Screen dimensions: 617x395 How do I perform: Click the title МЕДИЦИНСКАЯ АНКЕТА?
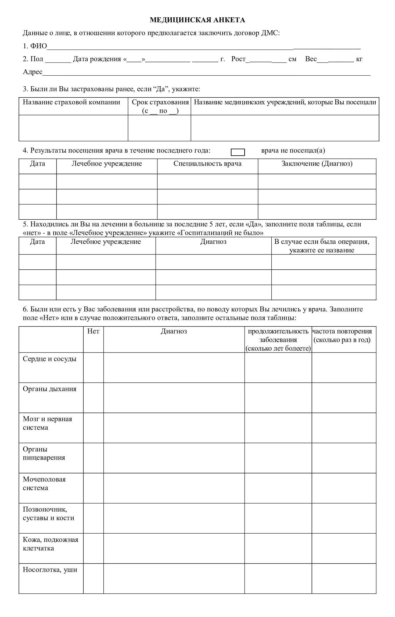(x=197, y=20)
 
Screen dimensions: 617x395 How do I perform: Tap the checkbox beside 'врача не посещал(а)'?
(x=238, y=152)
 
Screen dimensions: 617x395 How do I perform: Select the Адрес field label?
(x=33, y=72)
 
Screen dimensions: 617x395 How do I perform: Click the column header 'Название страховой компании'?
(x=71, y=102)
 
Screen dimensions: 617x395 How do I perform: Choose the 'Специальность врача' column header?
(x=207, y=164)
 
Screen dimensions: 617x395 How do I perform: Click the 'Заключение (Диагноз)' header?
(x=317, y=164)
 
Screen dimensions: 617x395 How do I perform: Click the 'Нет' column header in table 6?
(x=93, y=331)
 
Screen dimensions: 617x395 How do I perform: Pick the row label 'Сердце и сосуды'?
(x=50, y=359)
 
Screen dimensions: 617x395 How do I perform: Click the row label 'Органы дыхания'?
(x=50, y=389)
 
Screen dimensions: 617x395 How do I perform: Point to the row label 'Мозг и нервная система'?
(x=48, y=423)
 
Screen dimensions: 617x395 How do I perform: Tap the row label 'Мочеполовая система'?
(x=44, y=483)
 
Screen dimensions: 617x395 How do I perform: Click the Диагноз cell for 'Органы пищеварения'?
(x=174, y=458)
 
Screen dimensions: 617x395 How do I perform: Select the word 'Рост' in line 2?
(x=238, y=59)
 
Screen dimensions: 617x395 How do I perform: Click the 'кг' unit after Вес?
(x=359, y=59)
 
